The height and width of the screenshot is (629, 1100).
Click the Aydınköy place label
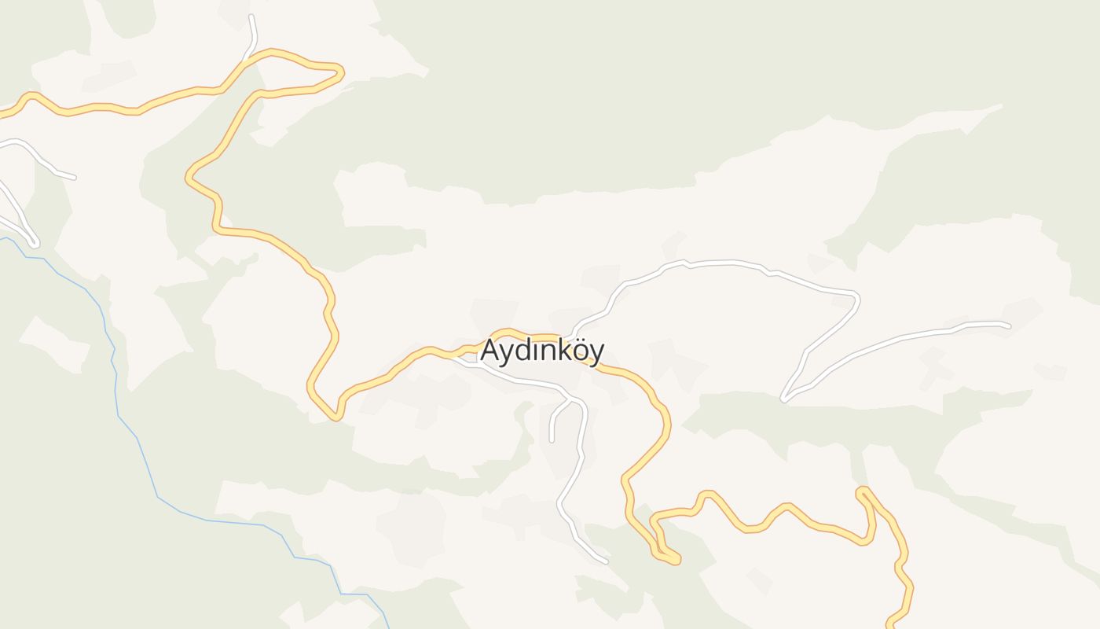pyautogui.click(x=542, y=351)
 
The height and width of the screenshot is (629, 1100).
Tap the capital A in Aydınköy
pyautogui.click(x=490, y=350)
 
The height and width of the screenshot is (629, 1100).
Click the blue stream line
pyautogui.click(x=157, y=495)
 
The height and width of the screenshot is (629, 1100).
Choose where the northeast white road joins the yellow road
pyautogui.click(x=574, y=336)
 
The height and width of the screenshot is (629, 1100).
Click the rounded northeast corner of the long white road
pyautogui.click(x=856, y=298)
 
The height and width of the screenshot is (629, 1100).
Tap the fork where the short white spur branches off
pyautogui.click(x=569, y=400)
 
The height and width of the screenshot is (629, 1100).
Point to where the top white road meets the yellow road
pyautogui.click(x=245, y=60)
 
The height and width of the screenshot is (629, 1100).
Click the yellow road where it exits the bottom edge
pyautogui.click(x=890, y=626)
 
